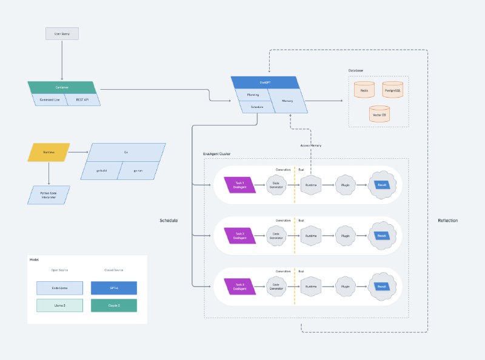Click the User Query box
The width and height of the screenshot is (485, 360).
tap(62, 34)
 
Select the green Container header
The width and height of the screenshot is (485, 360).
tap(62, 87)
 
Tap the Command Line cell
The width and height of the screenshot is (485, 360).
tap(48, 99)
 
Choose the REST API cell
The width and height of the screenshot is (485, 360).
tap(82, 99)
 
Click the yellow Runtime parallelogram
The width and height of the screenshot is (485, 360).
tap(48, 152)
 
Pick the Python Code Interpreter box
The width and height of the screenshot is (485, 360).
tap(48, 195)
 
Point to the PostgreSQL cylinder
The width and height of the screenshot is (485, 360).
tap(393, 90)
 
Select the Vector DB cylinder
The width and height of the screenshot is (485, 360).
tap(379, 114)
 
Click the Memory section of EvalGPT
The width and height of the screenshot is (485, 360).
tap(288, 101)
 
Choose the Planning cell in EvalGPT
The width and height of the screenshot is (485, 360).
tap(253, 95)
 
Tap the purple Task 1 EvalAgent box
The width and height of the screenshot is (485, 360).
tap(240, 185)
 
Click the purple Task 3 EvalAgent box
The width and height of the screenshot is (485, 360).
tap(240, 287)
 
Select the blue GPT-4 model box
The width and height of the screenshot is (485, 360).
tap(114, 287)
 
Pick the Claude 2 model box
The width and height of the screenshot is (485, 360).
tap(114, 305)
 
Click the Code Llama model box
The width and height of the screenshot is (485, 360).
tap(59, 287)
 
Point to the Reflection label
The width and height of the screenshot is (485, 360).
tap(447, 221)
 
